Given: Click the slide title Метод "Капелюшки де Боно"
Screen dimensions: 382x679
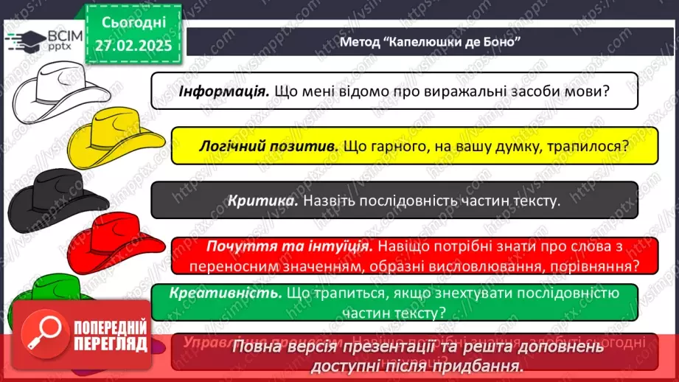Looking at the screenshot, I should (431, 41).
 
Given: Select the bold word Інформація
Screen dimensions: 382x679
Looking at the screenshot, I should (223, 91).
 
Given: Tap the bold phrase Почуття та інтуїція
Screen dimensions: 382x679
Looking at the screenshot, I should (289, 246).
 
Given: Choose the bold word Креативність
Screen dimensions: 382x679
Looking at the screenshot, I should (226, 293).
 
